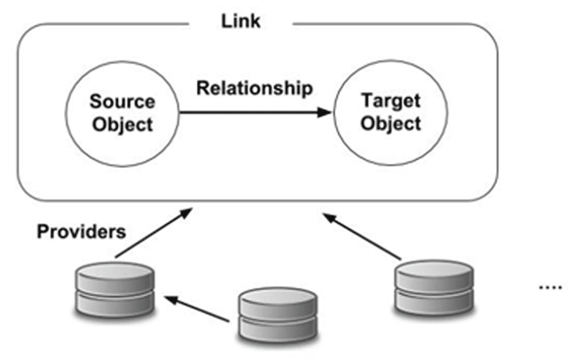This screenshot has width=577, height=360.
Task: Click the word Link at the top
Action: [241, 21]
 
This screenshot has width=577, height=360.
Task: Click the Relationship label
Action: [254, 88]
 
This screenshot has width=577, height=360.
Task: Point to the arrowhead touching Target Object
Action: [325, 112]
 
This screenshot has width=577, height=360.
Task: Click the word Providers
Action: [81, 232]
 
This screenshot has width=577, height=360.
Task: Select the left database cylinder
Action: [114, 290]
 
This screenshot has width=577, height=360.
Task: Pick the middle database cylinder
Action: [278, 315]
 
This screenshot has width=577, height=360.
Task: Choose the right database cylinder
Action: [434, 288]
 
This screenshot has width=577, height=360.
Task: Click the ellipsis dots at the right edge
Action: [551, 287]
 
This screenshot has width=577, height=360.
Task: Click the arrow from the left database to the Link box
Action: [154, 233]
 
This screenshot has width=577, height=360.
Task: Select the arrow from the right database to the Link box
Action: [362, 236]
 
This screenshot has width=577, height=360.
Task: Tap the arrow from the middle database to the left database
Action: [197, 309]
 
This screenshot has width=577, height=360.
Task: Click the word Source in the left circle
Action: [123, 102]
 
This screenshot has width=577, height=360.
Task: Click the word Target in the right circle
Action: [390, 100]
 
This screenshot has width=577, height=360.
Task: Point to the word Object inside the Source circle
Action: [123, 125]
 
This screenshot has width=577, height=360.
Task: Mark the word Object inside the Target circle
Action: [390, 124]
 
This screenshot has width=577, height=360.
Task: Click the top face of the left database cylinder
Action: [114, 270]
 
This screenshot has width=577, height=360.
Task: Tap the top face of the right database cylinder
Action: [434, 269]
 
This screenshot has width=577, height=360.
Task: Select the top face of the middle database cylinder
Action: [278, 296]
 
